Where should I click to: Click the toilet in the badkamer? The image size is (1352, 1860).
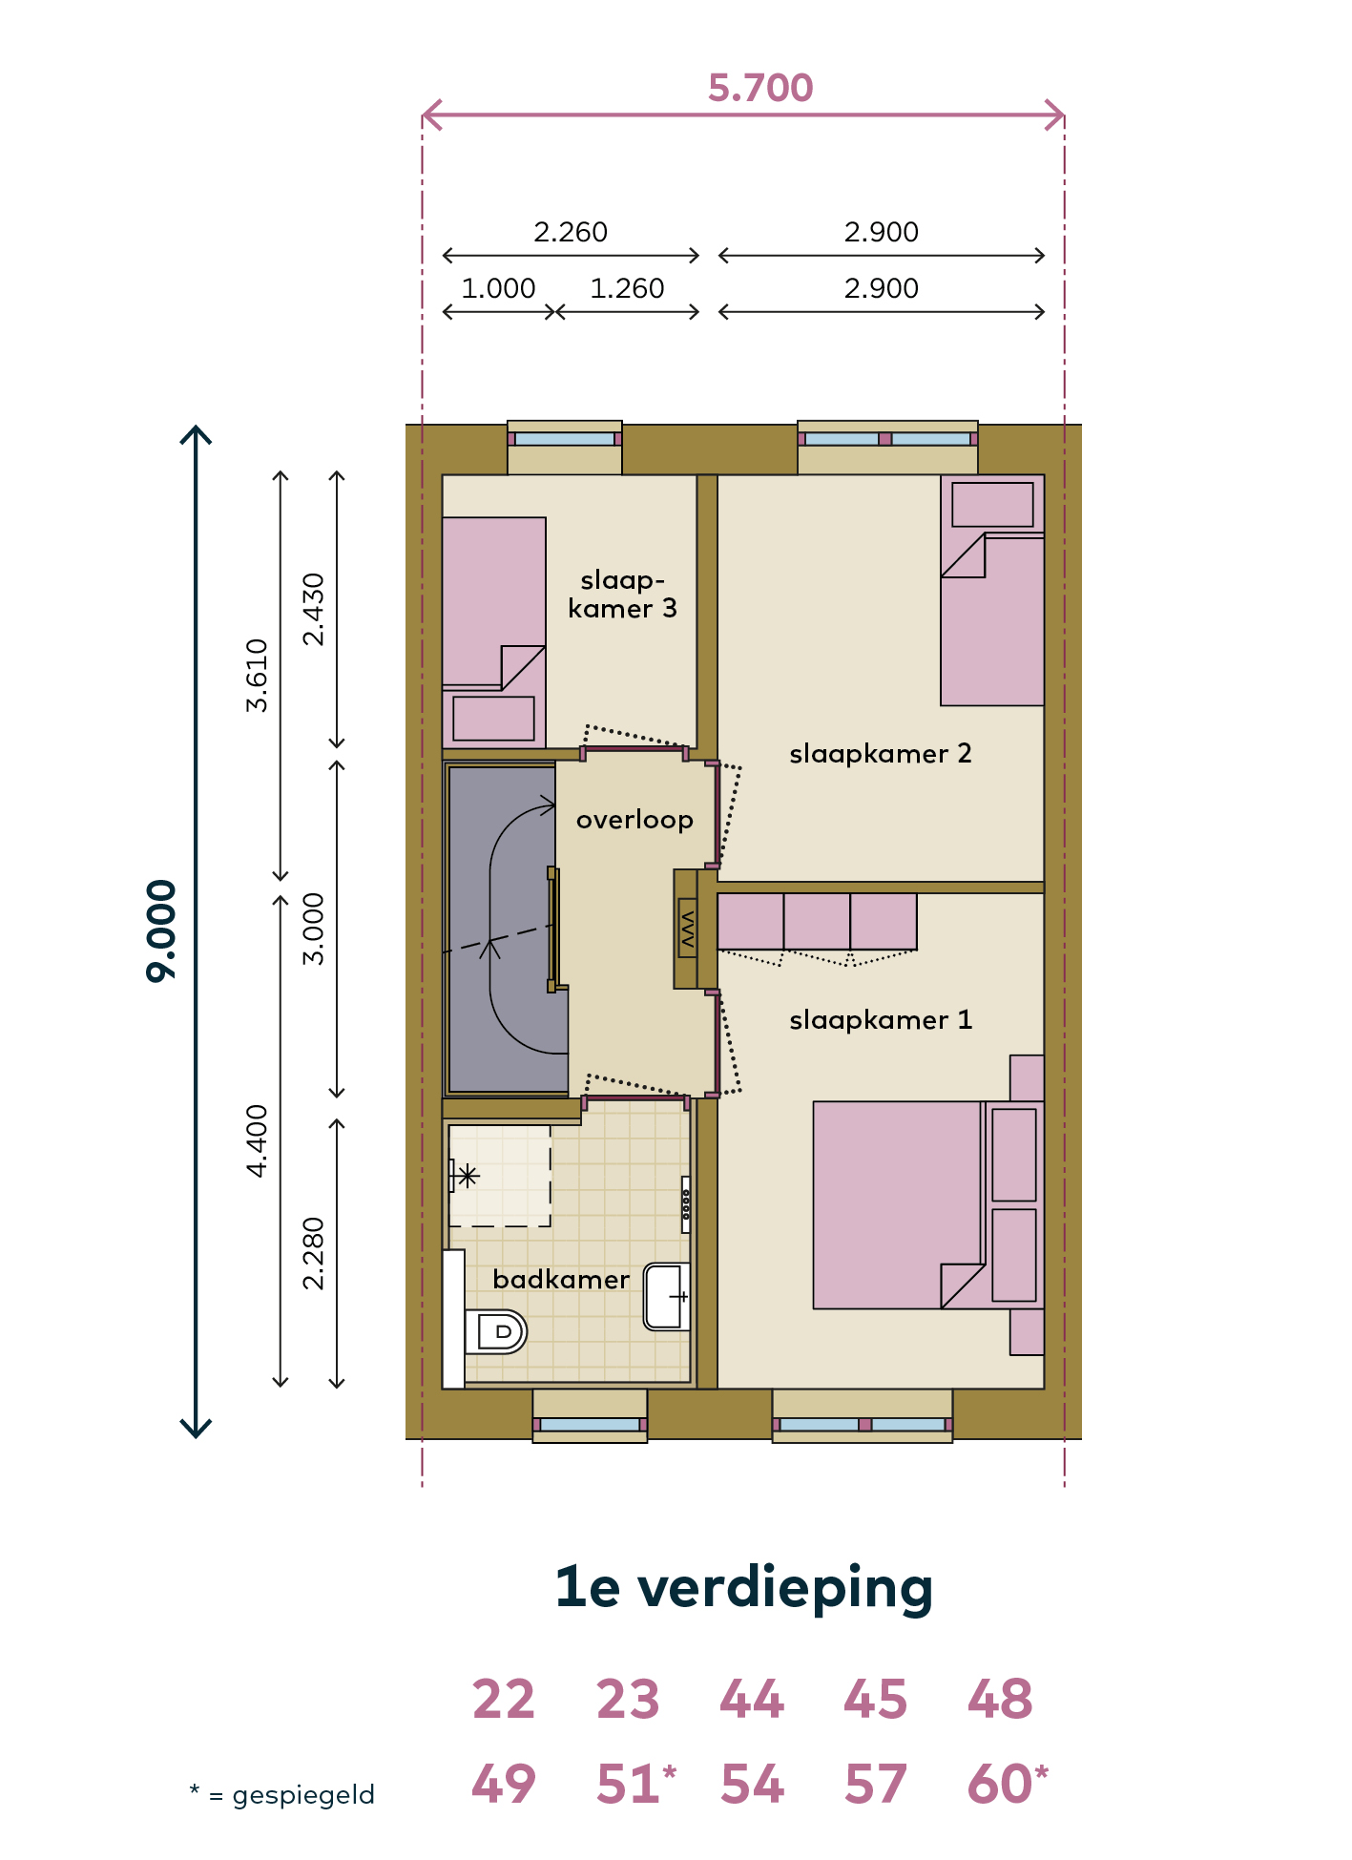point(495,1331)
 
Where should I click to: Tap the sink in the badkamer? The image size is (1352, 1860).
point(667,1296)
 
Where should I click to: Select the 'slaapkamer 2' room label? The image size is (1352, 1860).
point(881,754)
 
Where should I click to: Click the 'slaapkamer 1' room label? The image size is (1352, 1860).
point(881,1020)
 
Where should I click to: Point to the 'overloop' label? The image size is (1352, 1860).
point(634,820)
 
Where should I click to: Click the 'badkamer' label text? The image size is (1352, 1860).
point(561,1279)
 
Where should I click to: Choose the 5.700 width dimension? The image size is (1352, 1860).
point(760,88)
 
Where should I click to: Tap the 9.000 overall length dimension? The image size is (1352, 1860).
point(161,930)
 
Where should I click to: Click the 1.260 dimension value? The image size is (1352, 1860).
point(627,288)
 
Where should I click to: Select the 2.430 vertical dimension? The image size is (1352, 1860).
point(313,609)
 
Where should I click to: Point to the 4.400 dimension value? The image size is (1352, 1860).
point(257,1140)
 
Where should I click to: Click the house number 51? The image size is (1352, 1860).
point(628,1784)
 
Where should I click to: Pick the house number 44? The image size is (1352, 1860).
point(752,1700)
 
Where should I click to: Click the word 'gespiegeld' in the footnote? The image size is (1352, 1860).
point(303,1795)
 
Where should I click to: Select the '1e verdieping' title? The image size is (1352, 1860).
point(744,1587)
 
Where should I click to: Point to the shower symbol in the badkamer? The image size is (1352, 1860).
point(467,1175)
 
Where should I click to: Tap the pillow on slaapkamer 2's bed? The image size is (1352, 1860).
point(992,504)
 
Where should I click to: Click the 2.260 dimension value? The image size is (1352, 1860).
point(571,232)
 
